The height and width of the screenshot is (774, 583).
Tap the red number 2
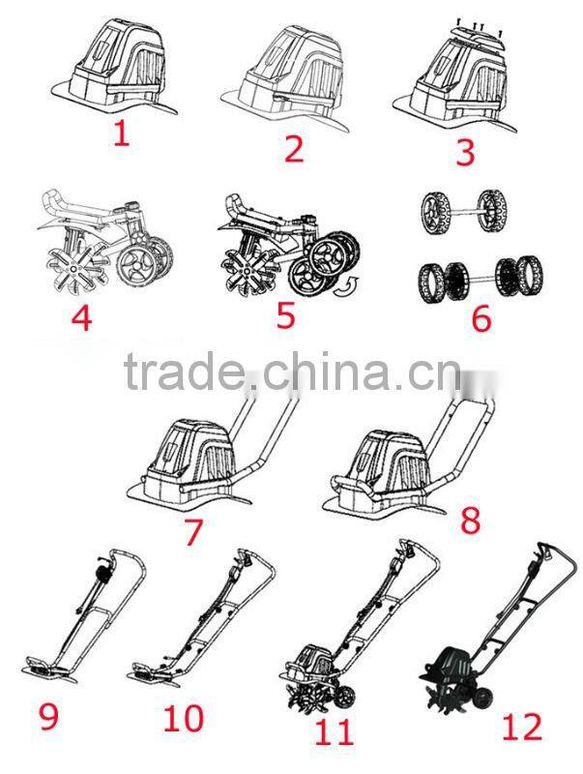pos(295,148)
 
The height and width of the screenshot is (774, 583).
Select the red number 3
pos(466,152)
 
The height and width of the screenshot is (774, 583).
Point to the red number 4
pos(82,316)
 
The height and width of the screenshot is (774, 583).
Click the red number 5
pos(286,314)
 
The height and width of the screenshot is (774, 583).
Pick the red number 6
pos(482,318)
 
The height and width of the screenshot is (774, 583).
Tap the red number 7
pos(192,530)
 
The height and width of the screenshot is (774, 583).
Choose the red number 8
pos(470,520)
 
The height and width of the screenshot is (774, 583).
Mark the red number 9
pos(49,718)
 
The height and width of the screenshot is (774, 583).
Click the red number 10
pos(183,718)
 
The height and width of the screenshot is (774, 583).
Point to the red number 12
pos(522,727)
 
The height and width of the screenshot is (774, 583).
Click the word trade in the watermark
pos(184,372)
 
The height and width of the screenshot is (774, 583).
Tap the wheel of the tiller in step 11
pos(345,698)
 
